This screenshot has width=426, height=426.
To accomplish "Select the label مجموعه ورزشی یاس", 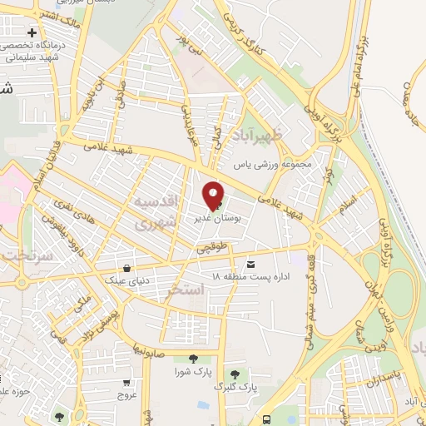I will coord(275,164).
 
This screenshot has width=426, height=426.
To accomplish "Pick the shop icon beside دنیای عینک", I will coord(126,268).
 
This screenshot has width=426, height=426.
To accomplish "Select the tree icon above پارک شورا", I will coord(194,359).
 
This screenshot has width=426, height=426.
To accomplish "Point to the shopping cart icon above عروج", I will coord(126,384).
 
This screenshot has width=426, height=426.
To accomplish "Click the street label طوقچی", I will coord(211,247).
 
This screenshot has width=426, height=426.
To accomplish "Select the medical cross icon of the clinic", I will coord(32,32).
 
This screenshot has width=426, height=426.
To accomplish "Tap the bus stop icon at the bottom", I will coord(266,420).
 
